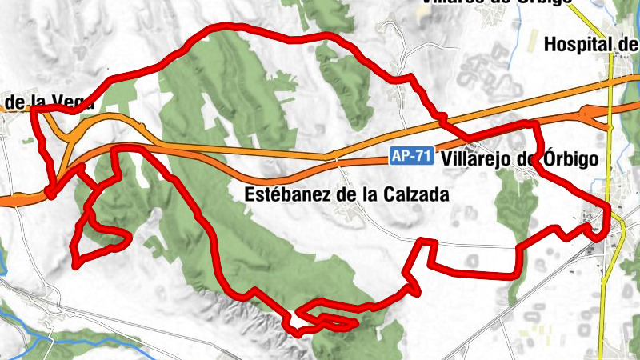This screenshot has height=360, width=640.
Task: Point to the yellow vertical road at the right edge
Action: (608, 288)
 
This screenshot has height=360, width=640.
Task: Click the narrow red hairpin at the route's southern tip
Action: (328, 322)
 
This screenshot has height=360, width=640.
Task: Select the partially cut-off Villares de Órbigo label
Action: (496, 2)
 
